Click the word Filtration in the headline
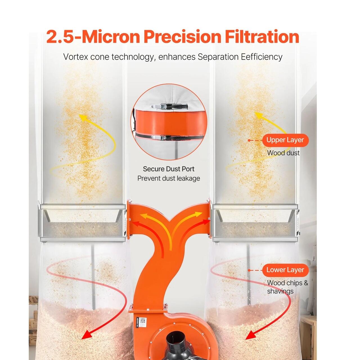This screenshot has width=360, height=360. click(x=262, y=37)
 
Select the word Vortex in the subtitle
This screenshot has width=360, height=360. click(x=76, y=57)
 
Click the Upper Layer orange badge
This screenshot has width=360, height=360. click(x=285, y=140)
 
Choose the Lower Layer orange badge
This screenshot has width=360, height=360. click(x=285, y=270)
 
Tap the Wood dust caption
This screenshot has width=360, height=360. click(x=283, y=153)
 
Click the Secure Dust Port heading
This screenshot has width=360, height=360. click(x=168, y=169)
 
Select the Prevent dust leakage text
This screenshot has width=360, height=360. click(x=168, y=179)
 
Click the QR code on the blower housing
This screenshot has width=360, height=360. click(x=143, y=321)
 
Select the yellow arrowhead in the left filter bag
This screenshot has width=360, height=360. click(x=83, y=117)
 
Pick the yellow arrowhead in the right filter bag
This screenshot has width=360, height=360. click(x=259, y=115)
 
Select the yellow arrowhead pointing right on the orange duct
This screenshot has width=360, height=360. click(x=199, y=214)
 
